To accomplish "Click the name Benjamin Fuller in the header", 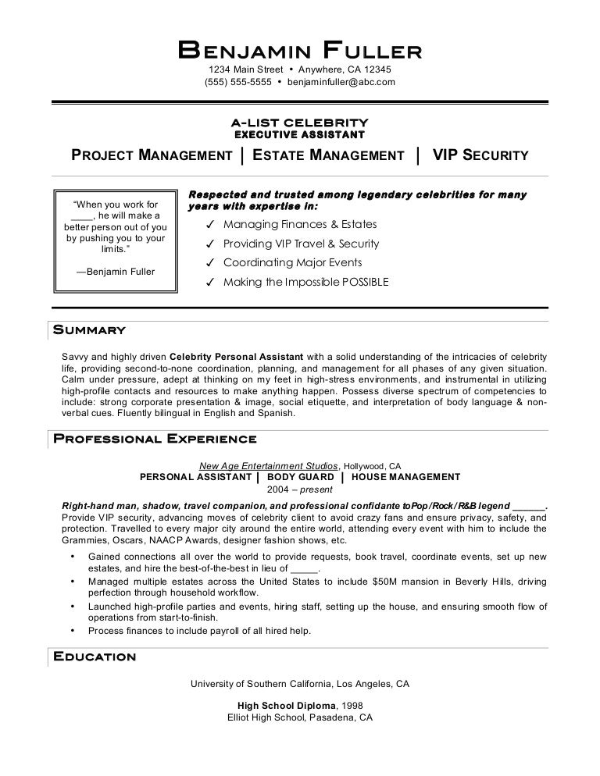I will (300, 51).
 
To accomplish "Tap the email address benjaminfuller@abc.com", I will (341, 81).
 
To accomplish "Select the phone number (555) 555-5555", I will (238, 81).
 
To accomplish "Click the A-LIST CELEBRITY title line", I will (299, 123).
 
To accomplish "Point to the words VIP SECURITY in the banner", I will (480, 155).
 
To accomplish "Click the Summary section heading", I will (88, 329).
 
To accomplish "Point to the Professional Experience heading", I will (154, 438).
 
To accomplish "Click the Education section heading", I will (94, 656).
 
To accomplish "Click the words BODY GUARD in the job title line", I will (299, 477).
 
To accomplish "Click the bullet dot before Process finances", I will (73, 630).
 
